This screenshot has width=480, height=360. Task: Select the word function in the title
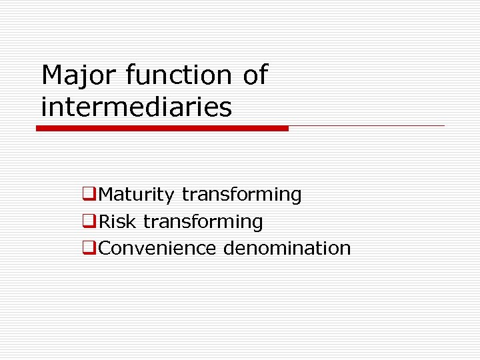(x=177, y=76)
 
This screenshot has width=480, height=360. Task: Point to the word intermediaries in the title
(x=137, y=107)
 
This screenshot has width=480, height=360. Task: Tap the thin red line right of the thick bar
(x=367, y=125)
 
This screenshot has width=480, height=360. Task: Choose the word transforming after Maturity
(x=241, y=195)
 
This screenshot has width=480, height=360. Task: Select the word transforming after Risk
(x=203, y=221)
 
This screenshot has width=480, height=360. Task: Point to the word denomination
(x=287, y=248)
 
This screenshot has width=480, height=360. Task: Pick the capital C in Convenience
(x=105, y=248)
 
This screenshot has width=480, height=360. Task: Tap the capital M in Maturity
(x=107, y=195)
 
